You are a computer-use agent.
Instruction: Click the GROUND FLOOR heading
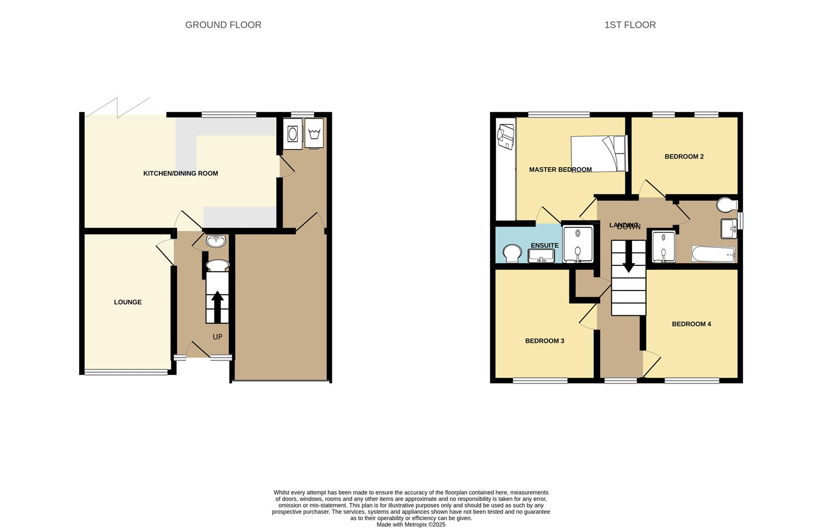click(x=223, y=25)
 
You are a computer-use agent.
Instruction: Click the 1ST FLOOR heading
click(x=630, y=25)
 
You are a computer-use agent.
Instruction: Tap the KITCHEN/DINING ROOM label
click(x=180, y=174)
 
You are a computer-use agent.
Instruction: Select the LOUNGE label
click(x=128, y=302)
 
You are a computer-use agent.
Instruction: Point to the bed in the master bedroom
click(x=599, y=153)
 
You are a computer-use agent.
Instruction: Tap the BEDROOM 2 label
click(x=684, y=157)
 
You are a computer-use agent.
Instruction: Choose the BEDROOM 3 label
click(x=544, y=341)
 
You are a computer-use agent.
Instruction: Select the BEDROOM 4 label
click(x=691, y=324)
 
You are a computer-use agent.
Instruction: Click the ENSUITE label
click(x=544, y=245)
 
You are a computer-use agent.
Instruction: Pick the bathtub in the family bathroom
click(x=713, y=254)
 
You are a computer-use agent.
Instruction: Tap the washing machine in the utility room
click(x=293, y=133)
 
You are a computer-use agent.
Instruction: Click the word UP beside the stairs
click(x=217, y=337)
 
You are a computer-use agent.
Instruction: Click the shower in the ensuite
click(x=578, y=244)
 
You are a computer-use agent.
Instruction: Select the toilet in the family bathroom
click(x=728, y=204)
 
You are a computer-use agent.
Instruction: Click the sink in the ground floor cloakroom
click(x=216, y=241)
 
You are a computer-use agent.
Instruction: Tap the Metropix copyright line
click(x=411, y=525)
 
